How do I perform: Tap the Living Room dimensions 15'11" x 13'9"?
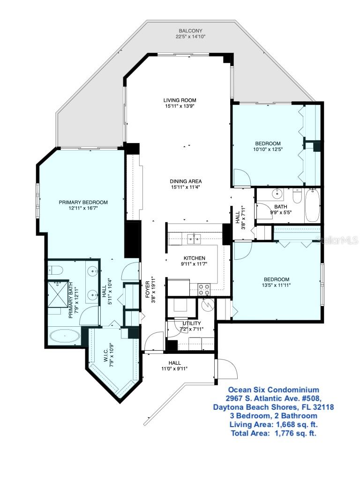point(180,106)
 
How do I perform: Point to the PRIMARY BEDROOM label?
point(83,202)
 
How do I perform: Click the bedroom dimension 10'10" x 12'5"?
point(268,150)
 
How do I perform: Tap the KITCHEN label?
point(194,258)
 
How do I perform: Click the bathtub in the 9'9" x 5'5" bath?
point(313,205)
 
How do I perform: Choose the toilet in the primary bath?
point(54,270)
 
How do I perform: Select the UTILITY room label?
point(191,323)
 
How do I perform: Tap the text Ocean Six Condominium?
point(273,390)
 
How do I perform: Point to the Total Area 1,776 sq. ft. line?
point(273,433)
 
